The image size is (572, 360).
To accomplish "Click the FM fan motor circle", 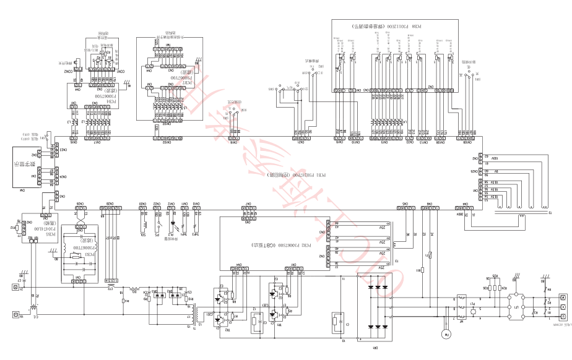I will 444,334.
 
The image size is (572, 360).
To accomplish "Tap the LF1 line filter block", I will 516,307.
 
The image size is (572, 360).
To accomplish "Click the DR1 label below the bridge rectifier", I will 375,348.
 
